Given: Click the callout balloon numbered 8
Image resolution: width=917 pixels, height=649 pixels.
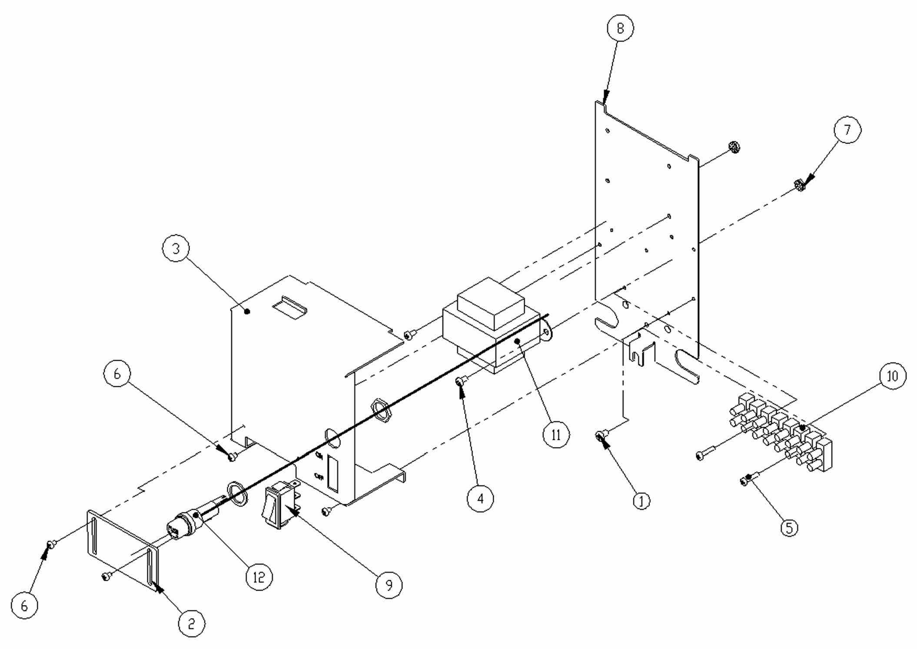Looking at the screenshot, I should coord(620,28).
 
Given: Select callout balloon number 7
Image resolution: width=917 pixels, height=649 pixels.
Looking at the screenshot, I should coord(847,130).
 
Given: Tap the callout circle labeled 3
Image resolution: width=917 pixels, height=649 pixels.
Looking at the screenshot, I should coord(176,248).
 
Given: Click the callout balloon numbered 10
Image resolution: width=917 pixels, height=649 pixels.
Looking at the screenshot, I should coord(892,376).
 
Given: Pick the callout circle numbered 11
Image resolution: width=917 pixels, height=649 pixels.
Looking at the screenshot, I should coord(556,435).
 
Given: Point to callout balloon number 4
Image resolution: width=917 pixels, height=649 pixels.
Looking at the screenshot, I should coord(480,498).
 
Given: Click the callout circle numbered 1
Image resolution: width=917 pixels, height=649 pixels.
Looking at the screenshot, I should coord(641,501).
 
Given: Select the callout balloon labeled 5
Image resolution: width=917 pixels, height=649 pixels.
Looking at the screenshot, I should coord(789,528).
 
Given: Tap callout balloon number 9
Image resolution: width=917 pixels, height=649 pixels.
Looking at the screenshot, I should coord(389,585).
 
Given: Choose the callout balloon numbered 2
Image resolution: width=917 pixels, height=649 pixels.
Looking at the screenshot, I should coord(191,624).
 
